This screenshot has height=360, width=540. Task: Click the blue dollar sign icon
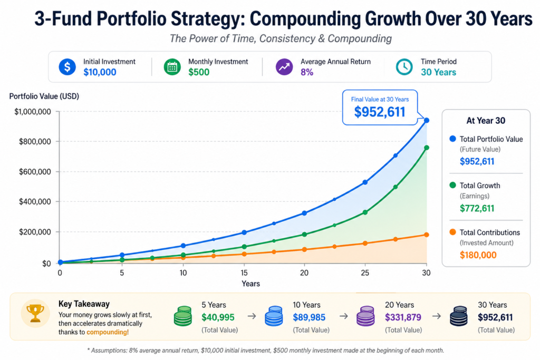67,67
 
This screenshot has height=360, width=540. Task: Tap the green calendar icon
172,67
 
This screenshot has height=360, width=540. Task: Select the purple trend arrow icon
284,67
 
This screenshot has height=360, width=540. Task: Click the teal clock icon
404,67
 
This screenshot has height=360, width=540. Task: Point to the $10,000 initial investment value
100,72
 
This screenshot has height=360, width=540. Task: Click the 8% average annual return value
307,72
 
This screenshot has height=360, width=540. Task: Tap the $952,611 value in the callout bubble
379,112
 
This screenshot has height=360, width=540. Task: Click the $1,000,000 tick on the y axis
33,112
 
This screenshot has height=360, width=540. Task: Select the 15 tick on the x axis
244,273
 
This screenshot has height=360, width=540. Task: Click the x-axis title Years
250,284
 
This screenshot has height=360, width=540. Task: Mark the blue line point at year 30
427,121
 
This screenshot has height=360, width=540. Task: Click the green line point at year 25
365,212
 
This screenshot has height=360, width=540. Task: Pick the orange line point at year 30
427,235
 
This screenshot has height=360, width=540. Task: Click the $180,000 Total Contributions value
478,255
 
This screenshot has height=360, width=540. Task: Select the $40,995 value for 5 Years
218,318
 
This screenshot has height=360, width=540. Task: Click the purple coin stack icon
365,316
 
